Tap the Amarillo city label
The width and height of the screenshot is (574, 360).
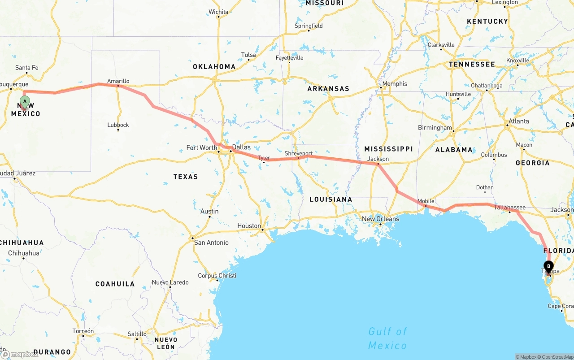[x=118, y=81]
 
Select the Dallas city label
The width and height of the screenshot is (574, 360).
[x=241, y=147]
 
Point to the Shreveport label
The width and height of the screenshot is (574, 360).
[x=299, y=153]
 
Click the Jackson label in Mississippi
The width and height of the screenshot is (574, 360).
[x=378, y=159]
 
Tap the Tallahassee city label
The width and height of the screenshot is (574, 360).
[x=510, y=207]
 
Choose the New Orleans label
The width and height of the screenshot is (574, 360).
[x=380, y=219]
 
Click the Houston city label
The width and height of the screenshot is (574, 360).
[x=249, y=226]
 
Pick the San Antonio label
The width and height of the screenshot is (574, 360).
[x=211, y=243]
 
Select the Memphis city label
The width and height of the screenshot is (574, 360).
[x=395, y=84]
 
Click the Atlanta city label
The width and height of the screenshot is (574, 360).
[x=518, y=121]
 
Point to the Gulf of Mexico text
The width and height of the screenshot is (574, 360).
[x=387, y=338]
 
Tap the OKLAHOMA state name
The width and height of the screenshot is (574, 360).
[x=214, y=66]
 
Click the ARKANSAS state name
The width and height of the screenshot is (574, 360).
[x=328, y=89]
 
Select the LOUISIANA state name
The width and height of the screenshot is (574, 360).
[x=330, y=199]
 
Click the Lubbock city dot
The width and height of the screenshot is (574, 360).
[x=118, y=130]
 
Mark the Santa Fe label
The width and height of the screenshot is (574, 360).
[x=27, y=68]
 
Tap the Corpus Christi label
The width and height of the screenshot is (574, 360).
[x=217, y=275]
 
